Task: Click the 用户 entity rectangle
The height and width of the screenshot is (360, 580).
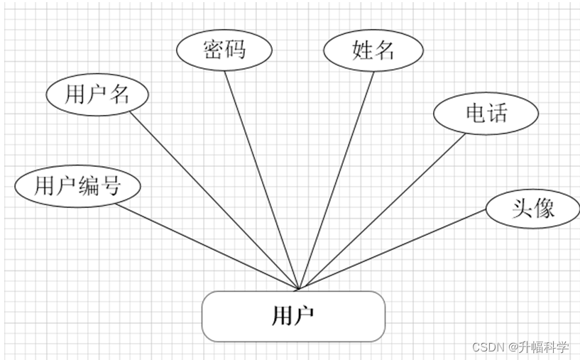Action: [293, 316]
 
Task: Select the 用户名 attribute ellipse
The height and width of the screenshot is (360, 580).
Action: [97, 94]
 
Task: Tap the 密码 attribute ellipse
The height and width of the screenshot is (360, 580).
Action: [224, 50]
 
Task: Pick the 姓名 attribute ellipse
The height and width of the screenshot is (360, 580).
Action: [373, 50]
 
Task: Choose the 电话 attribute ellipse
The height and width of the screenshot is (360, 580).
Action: [486, 112]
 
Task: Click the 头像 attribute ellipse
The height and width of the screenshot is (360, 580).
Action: [532, 208]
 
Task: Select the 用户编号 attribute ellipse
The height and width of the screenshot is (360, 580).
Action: [77, 186]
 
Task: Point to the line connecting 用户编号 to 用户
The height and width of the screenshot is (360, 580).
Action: [206, 246]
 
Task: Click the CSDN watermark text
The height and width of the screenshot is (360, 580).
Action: [487, 347]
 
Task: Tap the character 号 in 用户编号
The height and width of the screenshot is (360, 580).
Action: [110, 186]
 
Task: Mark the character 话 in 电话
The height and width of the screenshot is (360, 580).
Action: [497, 112]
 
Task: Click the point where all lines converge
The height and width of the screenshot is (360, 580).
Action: [299, 289]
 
